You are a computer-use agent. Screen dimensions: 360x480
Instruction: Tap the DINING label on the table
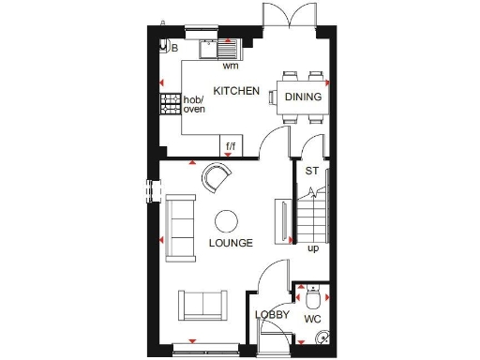coord(304,97)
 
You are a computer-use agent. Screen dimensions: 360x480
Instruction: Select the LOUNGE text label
coord(231,243)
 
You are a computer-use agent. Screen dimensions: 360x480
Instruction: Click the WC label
coord(312,320)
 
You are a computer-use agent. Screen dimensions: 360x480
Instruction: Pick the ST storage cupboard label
coord(312,171)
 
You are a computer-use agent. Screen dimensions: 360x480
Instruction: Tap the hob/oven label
coord(194,104)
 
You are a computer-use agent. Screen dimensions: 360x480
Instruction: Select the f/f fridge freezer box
coord(231,146)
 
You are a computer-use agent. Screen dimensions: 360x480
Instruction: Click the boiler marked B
coord(169,47)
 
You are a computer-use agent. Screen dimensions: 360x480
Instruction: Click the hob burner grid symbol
coord(170,104)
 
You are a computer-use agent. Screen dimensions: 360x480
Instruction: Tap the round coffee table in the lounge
coord(227,221)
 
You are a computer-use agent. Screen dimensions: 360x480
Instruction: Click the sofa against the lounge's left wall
coord(179,221)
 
